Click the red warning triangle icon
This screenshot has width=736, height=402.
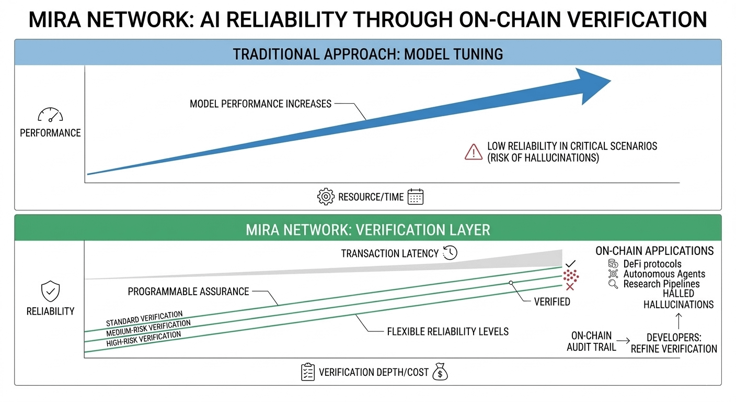click(473, 152)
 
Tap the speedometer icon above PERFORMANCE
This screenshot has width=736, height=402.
click(50, 115)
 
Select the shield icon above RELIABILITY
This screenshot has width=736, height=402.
click(50, 291)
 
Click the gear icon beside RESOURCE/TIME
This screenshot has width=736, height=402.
click(325, 197)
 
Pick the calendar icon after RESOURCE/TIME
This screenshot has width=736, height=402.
click(415, 197)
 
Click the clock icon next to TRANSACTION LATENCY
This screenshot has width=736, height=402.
click(450, 253)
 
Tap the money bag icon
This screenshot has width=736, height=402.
click(441, 372)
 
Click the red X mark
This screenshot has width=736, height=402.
click(570, 286)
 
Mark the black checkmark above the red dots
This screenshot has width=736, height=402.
click(570, 263)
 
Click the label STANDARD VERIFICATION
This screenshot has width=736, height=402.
click(144, 318)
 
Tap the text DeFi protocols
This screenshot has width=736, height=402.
click(652, 264)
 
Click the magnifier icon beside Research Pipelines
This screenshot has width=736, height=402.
click(613, 284)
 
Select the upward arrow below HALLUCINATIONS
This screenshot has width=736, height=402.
click(678, 318)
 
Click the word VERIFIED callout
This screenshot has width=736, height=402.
click(552, 301)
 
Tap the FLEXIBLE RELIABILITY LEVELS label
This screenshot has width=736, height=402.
click(447, 331)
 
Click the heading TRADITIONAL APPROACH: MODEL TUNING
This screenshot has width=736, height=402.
click(367, 54)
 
